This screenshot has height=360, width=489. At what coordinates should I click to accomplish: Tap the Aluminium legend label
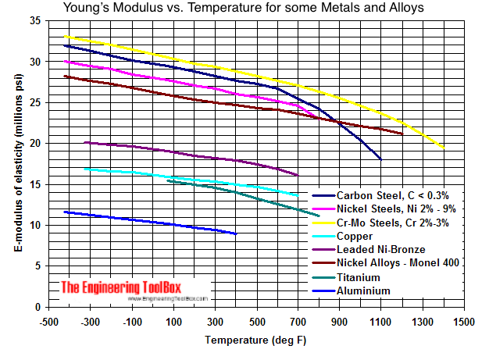364,290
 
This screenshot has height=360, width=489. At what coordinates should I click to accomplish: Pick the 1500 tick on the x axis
464,322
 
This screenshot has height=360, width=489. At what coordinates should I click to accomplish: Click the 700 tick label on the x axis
298,322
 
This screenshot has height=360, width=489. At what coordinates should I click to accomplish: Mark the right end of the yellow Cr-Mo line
444,148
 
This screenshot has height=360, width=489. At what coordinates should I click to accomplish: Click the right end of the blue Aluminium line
236,233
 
